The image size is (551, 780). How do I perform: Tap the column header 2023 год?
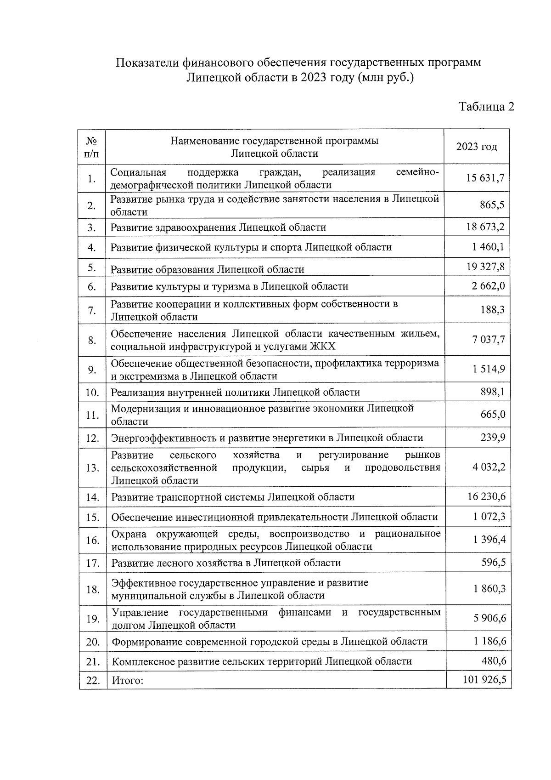tap(476, 147)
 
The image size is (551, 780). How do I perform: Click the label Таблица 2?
tap(486, 107)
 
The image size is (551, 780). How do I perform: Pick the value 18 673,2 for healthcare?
tap(485, 227)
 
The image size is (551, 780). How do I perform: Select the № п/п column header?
tap(91, 147)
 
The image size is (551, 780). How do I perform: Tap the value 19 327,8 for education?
tap(485, 267)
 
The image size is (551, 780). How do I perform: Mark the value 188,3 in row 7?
tap(492, 310)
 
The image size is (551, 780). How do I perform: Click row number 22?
tap(93, 680)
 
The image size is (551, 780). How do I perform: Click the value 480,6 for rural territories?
tap(493, 660)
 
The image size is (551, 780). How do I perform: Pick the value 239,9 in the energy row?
tap(493, 437)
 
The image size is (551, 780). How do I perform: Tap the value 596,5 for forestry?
tap(493, 562)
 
